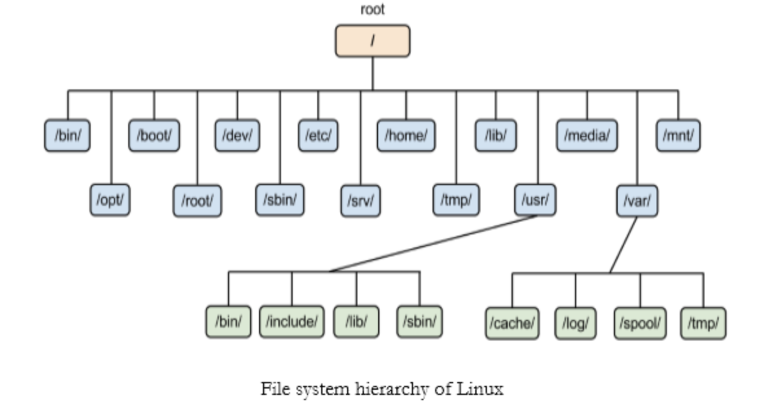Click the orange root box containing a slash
(x=372, y=41)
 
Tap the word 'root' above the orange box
(x=372, y=10)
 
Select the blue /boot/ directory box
(x=153, y=136)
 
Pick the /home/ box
(x=406, y=136)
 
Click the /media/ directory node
(x=587, y=136)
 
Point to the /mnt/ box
(x=678, y=136)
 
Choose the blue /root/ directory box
(x=197, y=201)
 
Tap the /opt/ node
(x=109, y=200)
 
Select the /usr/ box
(x=535, y=200)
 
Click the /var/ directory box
(x=636, y=201)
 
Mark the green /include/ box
(x=291, y=322)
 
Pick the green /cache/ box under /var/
(x=512, y=322)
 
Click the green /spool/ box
(x=640, y=322)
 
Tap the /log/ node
(x=575, y=322)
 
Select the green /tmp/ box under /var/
(x=703, y=322)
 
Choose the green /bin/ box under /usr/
(x=228, y=322)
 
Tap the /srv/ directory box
(x=360, y=201)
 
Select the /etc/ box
(x=317, y=136)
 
